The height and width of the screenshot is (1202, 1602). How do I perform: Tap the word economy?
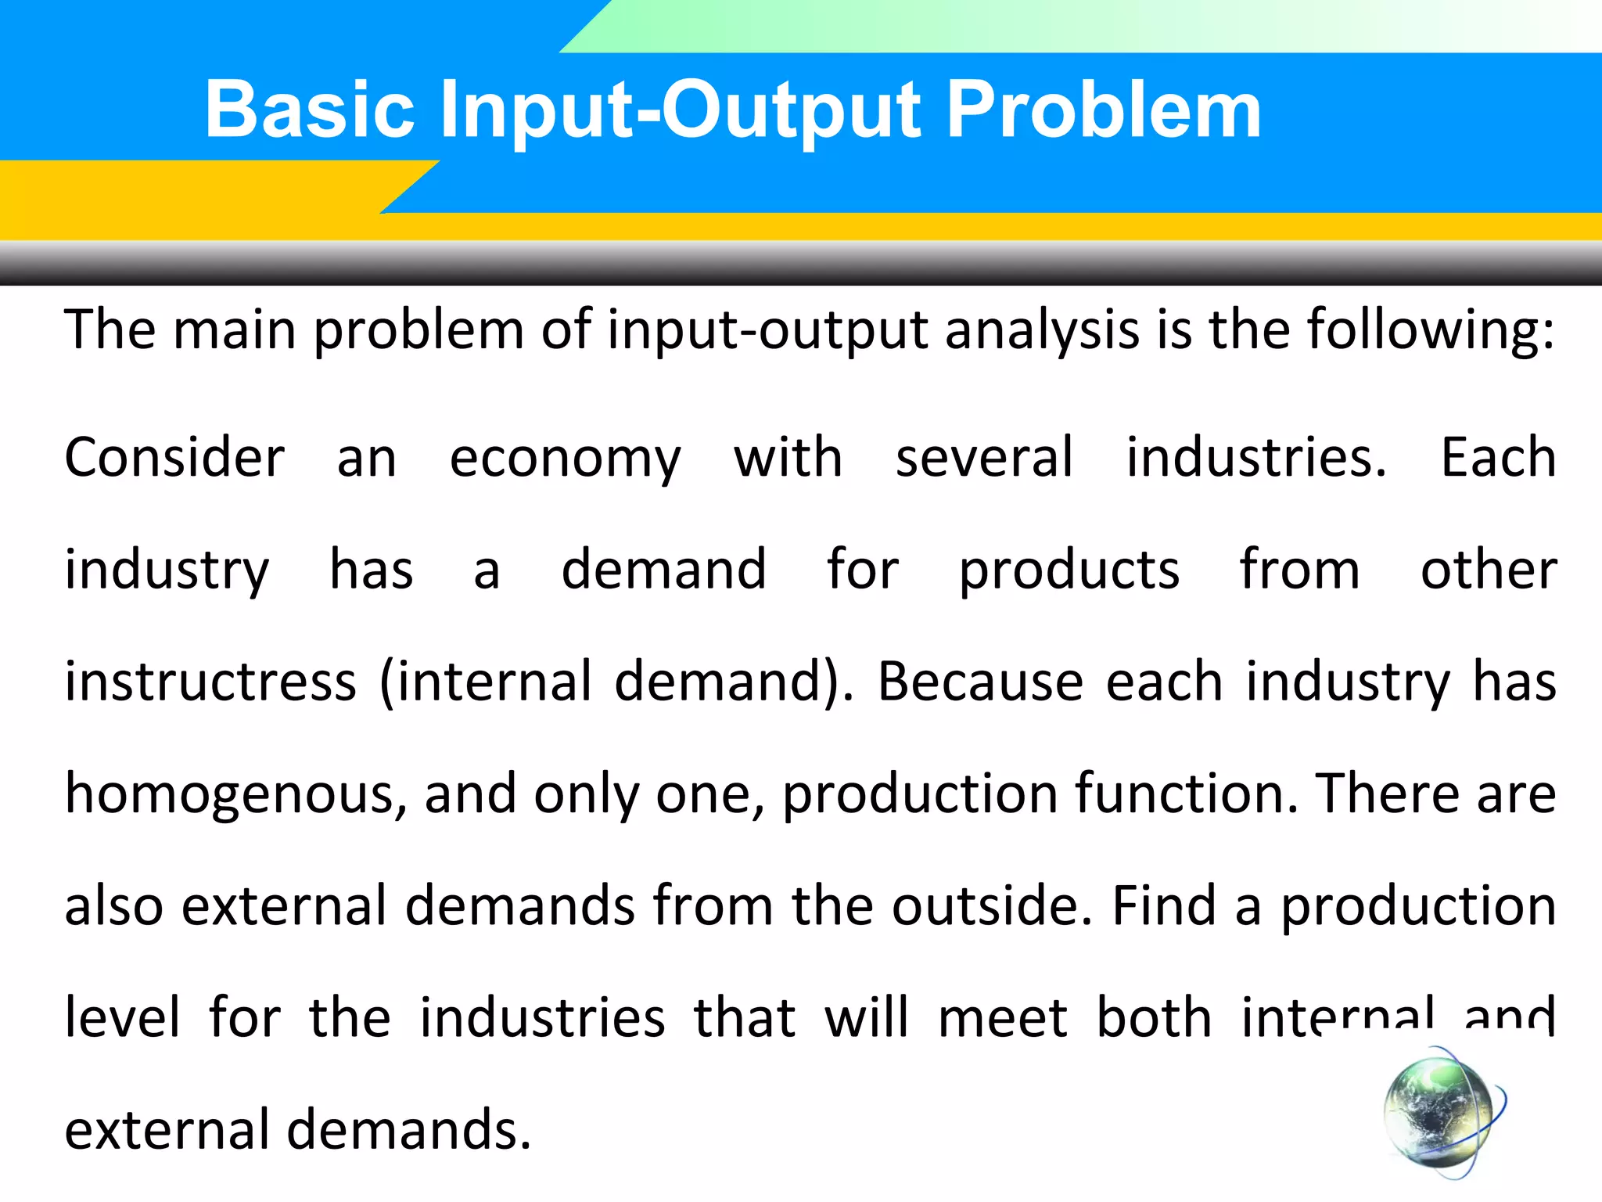click(x=565, y=459)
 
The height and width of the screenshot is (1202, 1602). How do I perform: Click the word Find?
click(x=1163, y=905)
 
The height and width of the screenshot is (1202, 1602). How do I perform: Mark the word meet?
click(x=1003, y=1017)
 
